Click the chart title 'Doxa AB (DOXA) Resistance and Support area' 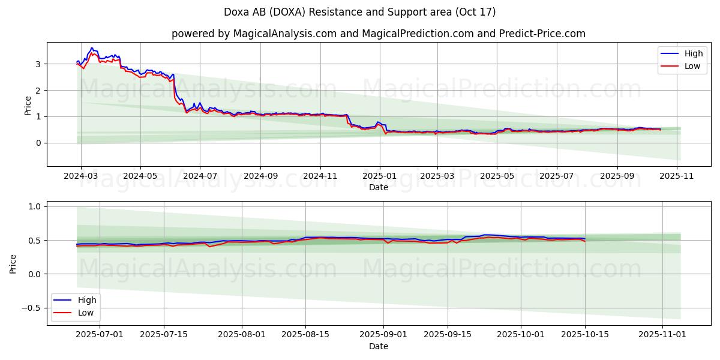359,12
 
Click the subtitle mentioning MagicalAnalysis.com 378,34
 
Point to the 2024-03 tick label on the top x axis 80,176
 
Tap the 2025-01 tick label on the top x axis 379,176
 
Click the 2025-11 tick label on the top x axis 677,176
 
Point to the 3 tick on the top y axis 38,64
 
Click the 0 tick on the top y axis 38,143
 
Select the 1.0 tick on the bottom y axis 34,206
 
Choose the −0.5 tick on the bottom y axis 31,308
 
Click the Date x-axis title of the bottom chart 379,346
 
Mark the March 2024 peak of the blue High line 92,48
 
